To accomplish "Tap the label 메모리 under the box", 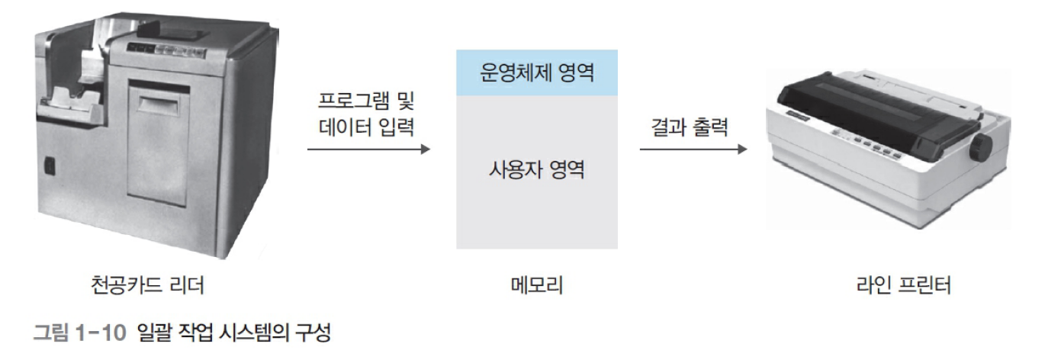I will coord(536,286).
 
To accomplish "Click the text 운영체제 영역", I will coord(536,73).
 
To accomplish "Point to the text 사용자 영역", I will coord(536,169).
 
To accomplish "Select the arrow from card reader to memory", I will coord(368,149).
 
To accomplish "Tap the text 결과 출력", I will coord(690,126).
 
